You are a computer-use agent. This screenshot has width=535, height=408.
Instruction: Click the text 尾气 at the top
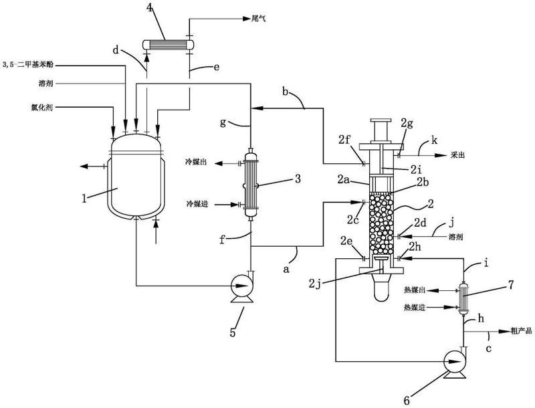258,19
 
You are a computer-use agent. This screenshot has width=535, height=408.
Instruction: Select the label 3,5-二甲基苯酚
27,64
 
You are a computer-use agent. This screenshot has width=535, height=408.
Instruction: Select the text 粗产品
521,330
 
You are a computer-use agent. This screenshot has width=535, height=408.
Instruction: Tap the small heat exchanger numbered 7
463,298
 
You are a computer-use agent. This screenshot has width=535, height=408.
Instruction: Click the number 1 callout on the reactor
84,198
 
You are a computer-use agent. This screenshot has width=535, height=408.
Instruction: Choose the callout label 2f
345,139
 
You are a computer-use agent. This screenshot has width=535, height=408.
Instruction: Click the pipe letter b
286,92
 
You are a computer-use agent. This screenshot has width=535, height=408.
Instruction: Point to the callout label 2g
407,124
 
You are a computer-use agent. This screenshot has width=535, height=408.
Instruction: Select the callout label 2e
348,241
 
